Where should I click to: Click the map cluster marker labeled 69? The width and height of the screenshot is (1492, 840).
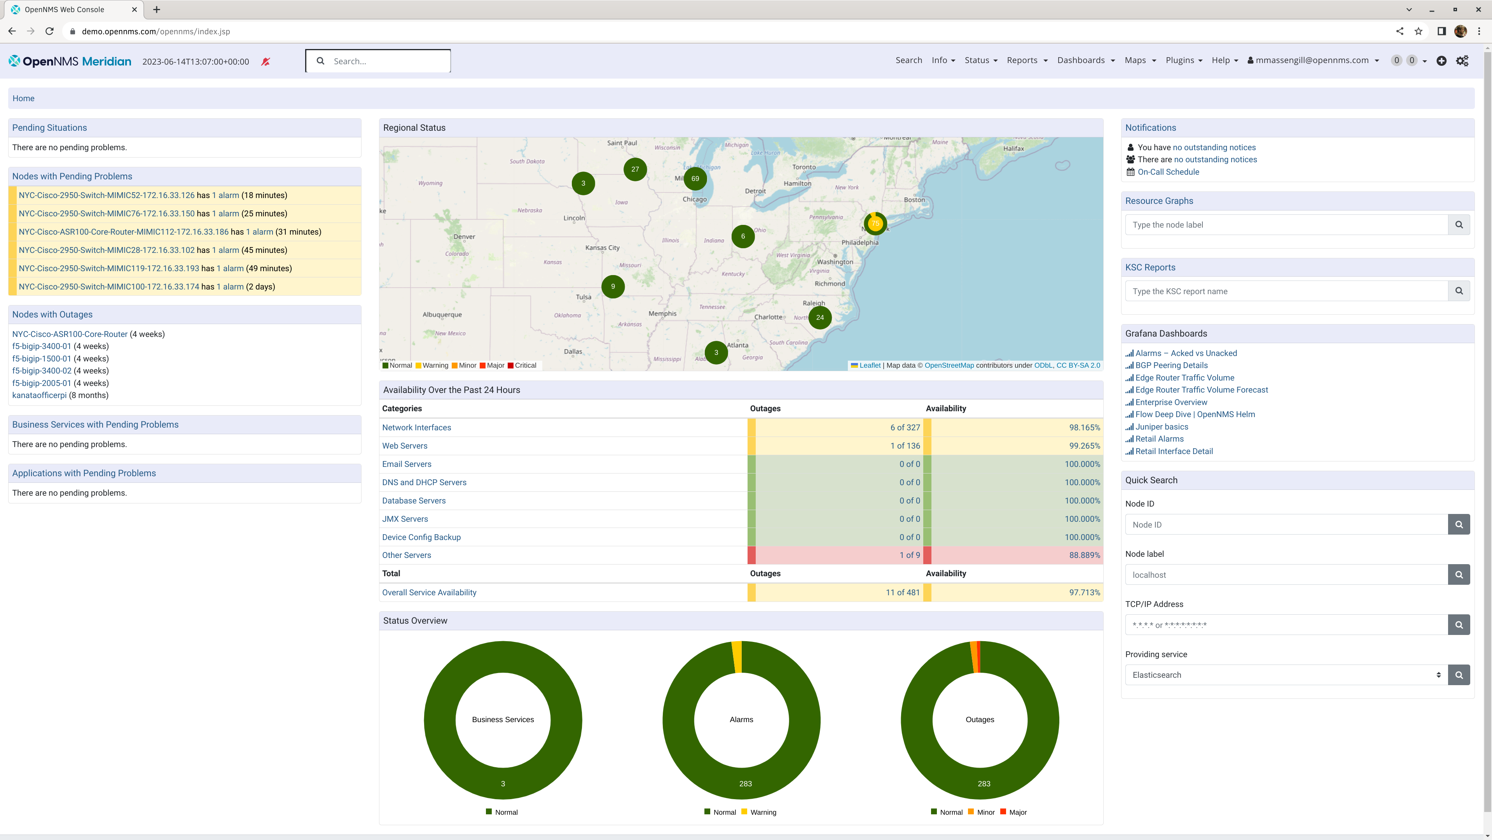695,179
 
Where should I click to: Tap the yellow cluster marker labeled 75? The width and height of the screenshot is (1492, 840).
875,223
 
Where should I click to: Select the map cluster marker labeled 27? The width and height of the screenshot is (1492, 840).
635,169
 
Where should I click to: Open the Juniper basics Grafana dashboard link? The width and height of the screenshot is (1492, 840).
1161,427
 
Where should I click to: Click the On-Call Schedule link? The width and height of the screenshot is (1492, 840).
1168,172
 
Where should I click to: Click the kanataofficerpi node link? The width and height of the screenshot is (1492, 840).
39,395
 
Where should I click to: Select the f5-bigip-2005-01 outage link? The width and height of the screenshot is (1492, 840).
41,383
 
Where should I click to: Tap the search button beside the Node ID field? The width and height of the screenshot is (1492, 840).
1459,524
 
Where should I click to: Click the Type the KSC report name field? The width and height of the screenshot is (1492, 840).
1286,291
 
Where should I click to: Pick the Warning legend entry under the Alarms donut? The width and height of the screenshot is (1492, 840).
762,812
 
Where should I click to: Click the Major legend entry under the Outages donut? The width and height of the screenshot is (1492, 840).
1017,812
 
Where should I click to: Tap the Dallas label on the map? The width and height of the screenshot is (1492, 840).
573,351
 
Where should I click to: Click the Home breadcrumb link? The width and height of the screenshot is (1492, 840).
23,98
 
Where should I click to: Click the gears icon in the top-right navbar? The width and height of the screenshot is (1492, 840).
1462,61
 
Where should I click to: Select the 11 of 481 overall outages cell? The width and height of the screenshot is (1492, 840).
902,593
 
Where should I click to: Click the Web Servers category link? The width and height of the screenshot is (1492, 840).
404,446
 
